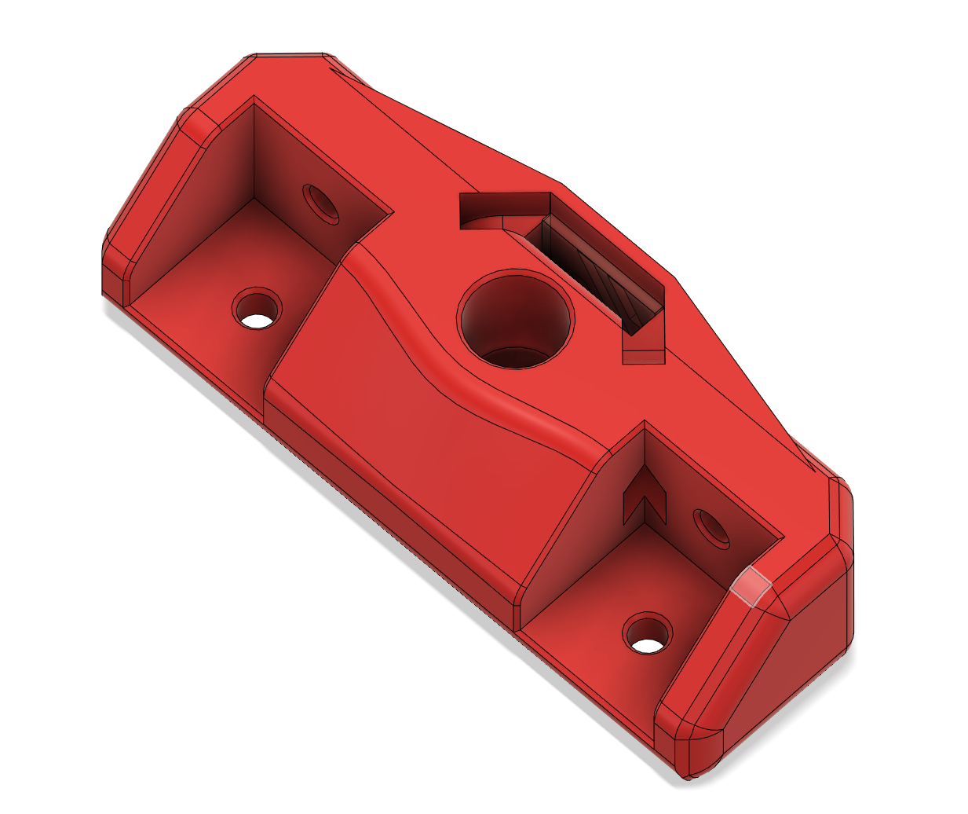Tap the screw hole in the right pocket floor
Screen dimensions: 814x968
648,634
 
